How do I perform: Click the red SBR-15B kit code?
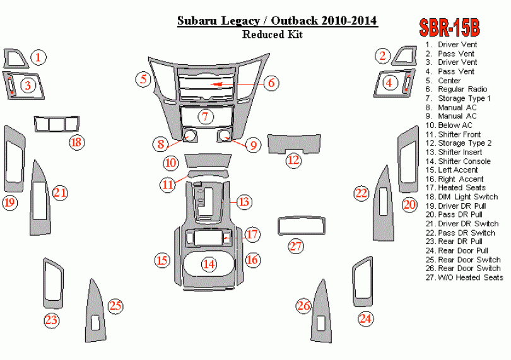tap(449, 28)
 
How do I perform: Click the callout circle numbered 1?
tap(39, 58)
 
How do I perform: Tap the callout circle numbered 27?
tap(297, 246)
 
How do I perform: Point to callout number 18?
tap(76, 142)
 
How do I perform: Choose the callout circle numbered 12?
tap(293, 160)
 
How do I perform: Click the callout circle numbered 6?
tap(271, 83)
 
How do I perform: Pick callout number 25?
tap(115, 306)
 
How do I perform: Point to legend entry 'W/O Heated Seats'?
tap(470, 277)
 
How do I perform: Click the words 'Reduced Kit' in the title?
tap(272, 35)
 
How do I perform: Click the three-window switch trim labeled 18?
tap(57, 124)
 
